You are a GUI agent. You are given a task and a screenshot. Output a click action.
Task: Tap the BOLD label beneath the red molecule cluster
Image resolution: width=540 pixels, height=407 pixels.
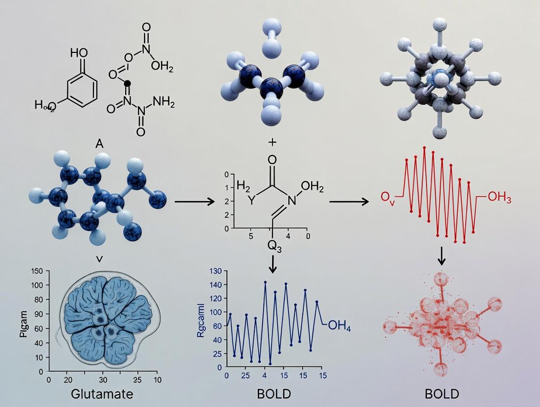pyautogui.click(x=442, y=393)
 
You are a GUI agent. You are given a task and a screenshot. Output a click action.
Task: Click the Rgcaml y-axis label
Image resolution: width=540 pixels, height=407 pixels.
pyautogui.click(x=201, y=321)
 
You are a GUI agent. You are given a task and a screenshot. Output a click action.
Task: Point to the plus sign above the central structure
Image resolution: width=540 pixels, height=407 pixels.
pyautogui.click(x=272, y=142)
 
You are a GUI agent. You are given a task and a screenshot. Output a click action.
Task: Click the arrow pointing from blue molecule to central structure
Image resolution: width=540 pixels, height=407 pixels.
pyautogui.click(x=195, y=201)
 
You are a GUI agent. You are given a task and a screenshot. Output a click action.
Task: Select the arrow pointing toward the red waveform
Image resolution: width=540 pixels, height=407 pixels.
pyautogui.click(x=349, y=201)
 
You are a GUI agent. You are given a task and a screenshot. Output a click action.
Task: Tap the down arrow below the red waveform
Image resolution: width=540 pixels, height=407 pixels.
pyautogui.click(x=442, y=256)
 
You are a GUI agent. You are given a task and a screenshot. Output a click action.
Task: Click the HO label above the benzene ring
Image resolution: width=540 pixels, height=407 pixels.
pyautogui.click(x=79, y=52)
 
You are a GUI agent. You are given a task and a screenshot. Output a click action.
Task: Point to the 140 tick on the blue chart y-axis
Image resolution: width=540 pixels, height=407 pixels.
pyautogui.click(x=216, y=284)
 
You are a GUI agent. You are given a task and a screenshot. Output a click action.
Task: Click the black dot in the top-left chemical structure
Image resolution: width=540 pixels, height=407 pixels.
pyautogui.click(x=128, y=84)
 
